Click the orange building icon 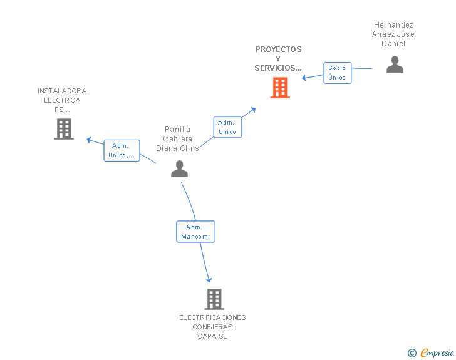tap(280, 88)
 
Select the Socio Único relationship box tap(338, 73)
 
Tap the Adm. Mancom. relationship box tap(195, 232)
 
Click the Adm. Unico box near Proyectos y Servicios tap(227, 127)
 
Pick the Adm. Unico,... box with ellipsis tap(122, 150)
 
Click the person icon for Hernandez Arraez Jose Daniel tap(395, 64)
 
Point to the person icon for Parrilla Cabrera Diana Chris tap(179, 168)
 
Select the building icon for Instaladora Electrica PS tap(64, 129)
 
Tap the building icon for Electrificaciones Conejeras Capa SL tap(214, 299)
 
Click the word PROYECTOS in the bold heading tap(278, 49)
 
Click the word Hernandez tap(393, 24)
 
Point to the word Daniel tap(393, 44)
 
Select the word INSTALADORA tap(62, 91)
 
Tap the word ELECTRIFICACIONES tap(212, 317)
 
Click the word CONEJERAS tap(212, 327)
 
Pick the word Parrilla tap(177, 130)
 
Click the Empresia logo tap(437, 353)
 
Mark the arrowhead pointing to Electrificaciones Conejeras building tap(209, 280)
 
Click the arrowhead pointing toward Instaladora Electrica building tap(90, 140)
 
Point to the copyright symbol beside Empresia tap(412, 353)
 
